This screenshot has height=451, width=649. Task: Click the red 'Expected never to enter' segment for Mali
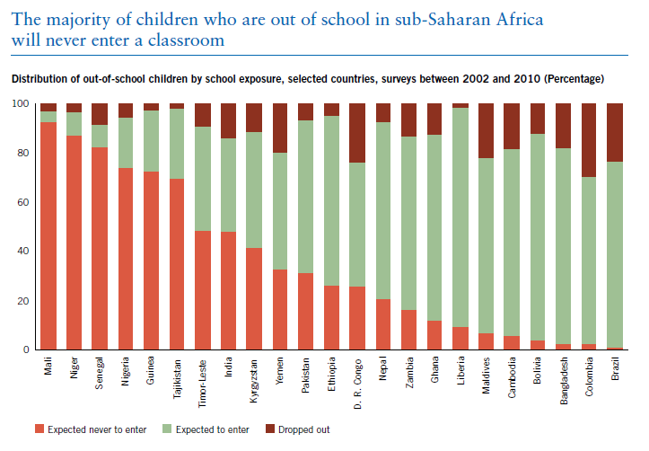click(48, 236)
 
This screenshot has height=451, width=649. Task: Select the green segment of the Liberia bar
click(460, 217)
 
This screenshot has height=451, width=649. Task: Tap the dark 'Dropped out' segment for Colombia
click(589, 140)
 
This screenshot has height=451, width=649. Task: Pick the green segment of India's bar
click(229, 185)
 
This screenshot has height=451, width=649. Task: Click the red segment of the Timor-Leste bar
click(203, 290)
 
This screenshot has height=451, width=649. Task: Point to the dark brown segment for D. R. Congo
click(357, 133)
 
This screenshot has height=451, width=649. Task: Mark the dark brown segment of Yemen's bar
click(280, 128)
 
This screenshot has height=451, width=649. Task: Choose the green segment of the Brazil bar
click(615, 254)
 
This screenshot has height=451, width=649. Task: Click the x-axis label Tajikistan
click(177, 379)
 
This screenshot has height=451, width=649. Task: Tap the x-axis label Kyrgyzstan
click(254, 381)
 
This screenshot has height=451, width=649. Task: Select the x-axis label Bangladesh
click(564, 381)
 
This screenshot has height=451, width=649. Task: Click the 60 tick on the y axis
click(24, 202)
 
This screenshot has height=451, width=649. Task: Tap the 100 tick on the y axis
click(21, 103)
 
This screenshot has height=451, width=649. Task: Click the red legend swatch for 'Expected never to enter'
click(39, 429)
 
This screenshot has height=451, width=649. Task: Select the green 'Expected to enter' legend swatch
click(167, 429)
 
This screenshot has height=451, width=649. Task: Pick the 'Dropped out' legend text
click(303, 429)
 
